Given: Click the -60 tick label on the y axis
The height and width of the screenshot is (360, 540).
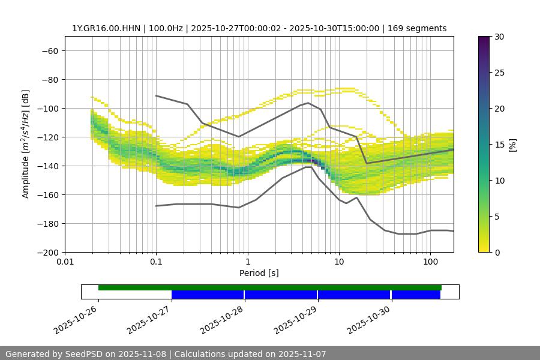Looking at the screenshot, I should (x=49, y=51).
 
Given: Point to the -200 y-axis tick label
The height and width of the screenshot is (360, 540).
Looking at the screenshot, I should (x=47, y=253).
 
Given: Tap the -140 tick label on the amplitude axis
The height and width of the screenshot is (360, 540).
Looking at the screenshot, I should (x=47, y=166).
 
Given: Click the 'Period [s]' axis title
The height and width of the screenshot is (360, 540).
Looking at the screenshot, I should (x=259, y=274).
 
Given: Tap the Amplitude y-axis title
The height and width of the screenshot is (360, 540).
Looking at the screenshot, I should (x=26, y=145).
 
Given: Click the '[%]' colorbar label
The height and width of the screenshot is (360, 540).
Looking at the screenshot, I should (x=512, y=145).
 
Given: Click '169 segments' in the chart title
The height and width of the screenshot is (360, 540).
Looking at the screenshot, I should (x=417, y=28).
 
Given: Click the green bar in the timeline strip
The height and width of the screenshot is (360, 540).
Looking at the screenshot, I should (x=270, y=287).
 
